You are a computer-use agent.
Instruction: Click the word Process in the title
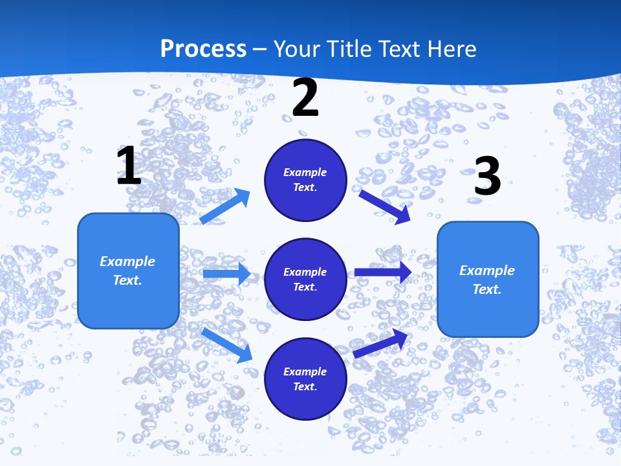203,49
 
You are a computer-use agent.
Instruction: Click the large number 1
129,166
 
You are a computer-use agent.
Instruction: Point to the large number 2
305,98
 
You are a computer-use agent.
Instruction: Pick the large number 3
487,177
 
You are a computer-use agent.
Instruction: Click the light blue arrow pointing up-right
226,206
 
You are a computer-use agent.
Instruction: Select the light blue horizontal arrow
226,274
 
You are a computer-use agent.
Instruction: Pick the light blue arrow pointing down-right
227,344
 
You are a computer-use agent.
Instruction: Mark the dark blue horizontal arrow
382,272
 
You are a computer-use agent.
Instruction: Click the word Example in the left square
127,261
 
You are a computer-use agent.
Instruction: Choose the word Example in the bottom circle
305,372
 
